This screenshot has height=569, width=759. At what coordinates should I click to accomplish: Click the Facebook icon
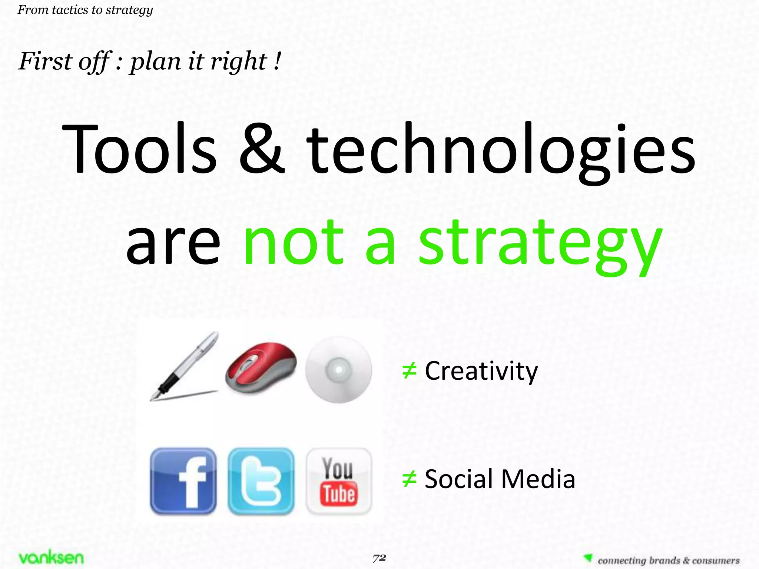pos(183,481)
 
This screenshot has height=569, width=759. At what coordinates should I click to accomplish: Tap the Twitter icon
pos(261,481)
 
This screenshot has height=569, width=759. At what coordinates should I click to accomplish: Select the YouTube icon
pos(339,481)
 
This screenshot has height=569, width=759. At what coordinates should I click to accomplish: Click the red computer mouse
pos(261,367)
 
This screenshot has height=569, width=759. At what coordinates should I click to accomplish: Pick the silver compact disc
pos(339,370)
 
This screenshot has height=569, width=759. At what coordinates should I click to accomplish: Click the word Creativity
pos(481,371)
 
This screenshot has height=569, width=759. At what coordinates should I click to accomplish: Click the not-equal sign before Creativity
pos(410,371)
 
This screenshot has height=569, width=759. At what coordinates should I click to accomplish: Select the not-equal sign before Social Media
pos(410,479)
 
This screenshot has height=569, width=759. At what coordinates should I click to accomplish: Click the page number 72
pos(379,558)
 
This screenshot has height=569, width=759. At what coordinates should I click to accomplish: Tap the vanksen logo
pos(51,558)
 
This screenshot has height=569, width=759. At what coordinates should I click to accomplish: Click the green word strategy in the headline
pos(540,244)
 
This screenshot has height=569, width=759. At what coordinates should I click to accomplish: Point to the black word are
pos(173,244)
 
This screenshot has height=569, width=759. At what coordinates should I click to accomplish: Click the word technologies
pos(501,152)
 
